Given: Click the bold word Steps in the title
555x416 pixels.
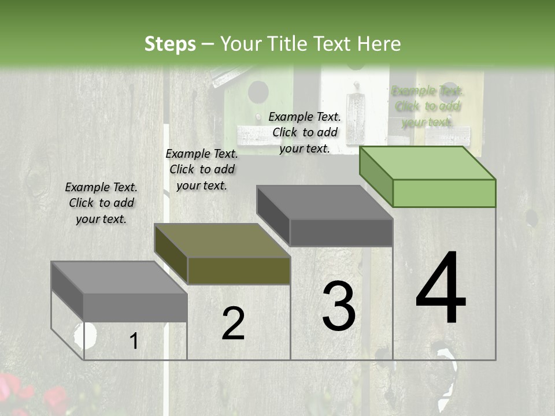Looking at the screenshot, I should click(x=170, y=44).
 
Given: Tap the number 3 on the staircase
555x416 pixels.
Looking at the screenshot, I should click(x=338, y=307).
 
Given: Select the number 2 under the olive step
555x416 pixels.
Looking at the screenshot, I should click(x=233, y=323).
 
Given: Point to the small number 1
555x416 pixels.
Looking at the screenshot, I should click(x=134, y=341).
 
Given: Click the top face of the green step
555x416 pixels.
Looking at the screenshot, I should click(x=426, y=162).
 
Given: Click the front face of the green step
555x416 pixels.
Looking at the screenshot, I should click(x=444, y=193).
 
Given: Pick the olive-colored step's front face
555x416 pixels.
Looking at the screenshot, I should click(x=239, y=270).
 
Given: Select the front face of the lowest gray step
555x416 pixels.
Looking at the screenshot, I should click(x=135, y=307).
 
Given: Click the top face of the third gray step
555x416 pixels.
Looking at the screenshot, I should click(x=324, y=202).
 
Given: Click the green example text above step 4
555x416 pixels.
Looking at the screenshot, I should click(x=428, y=106).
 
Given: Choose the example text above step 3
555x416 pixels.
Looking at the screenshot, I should click(x=305, y=132).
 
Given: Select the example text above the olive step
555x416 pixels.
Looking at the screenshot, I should click(x=202, y=169).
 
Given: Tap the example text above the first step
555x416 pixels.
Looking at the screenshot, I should click(x=101, y=203).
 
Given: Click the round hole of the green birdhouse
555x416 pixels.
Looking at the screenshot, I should click(x=258, y=91).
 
